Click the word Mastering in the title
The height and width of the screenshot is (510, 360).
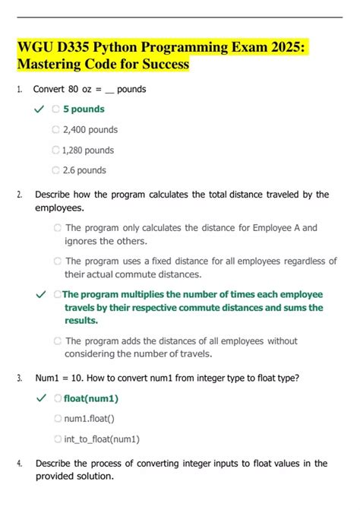click(51, 65)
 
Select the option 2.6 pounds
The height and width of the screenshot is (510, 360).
click(84, 170)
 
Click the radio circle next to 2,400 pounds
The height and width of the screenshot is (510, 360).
click(56, 130)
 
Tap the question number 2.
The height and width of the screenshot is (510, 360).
click(19, 195)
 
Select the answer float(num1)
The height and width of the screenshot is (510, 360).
click(90, 398)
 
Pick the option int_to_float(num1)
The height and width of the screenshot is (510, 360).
click(101, 439)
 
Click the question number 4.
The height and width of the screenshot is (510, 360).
click(19, 463)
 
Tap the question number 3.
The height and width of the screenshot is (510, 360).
click(19, 377)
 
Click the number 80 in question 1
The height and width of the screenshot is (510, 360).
click(73, 89)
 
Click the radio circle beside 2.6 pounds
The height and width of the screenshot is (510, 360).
click(56, 170)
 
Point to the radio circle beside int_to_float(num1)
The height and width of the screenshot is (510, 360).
click(58, 439)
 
